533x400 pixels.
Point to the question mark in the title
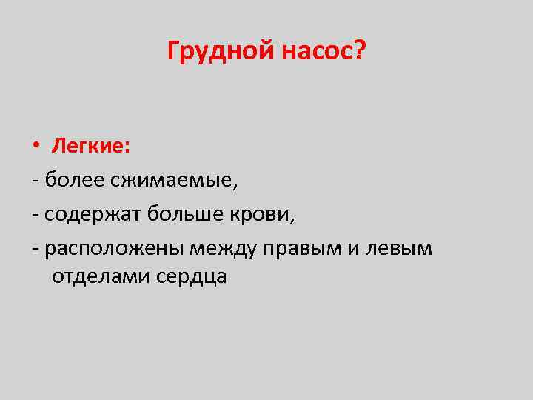pyautogui.click(x=359, y=51)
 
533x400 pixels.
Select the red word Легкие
pyautogui.click(x=90, y=146)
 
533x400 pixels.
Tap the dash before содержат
pyautogui.click(x=36, y=215)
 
